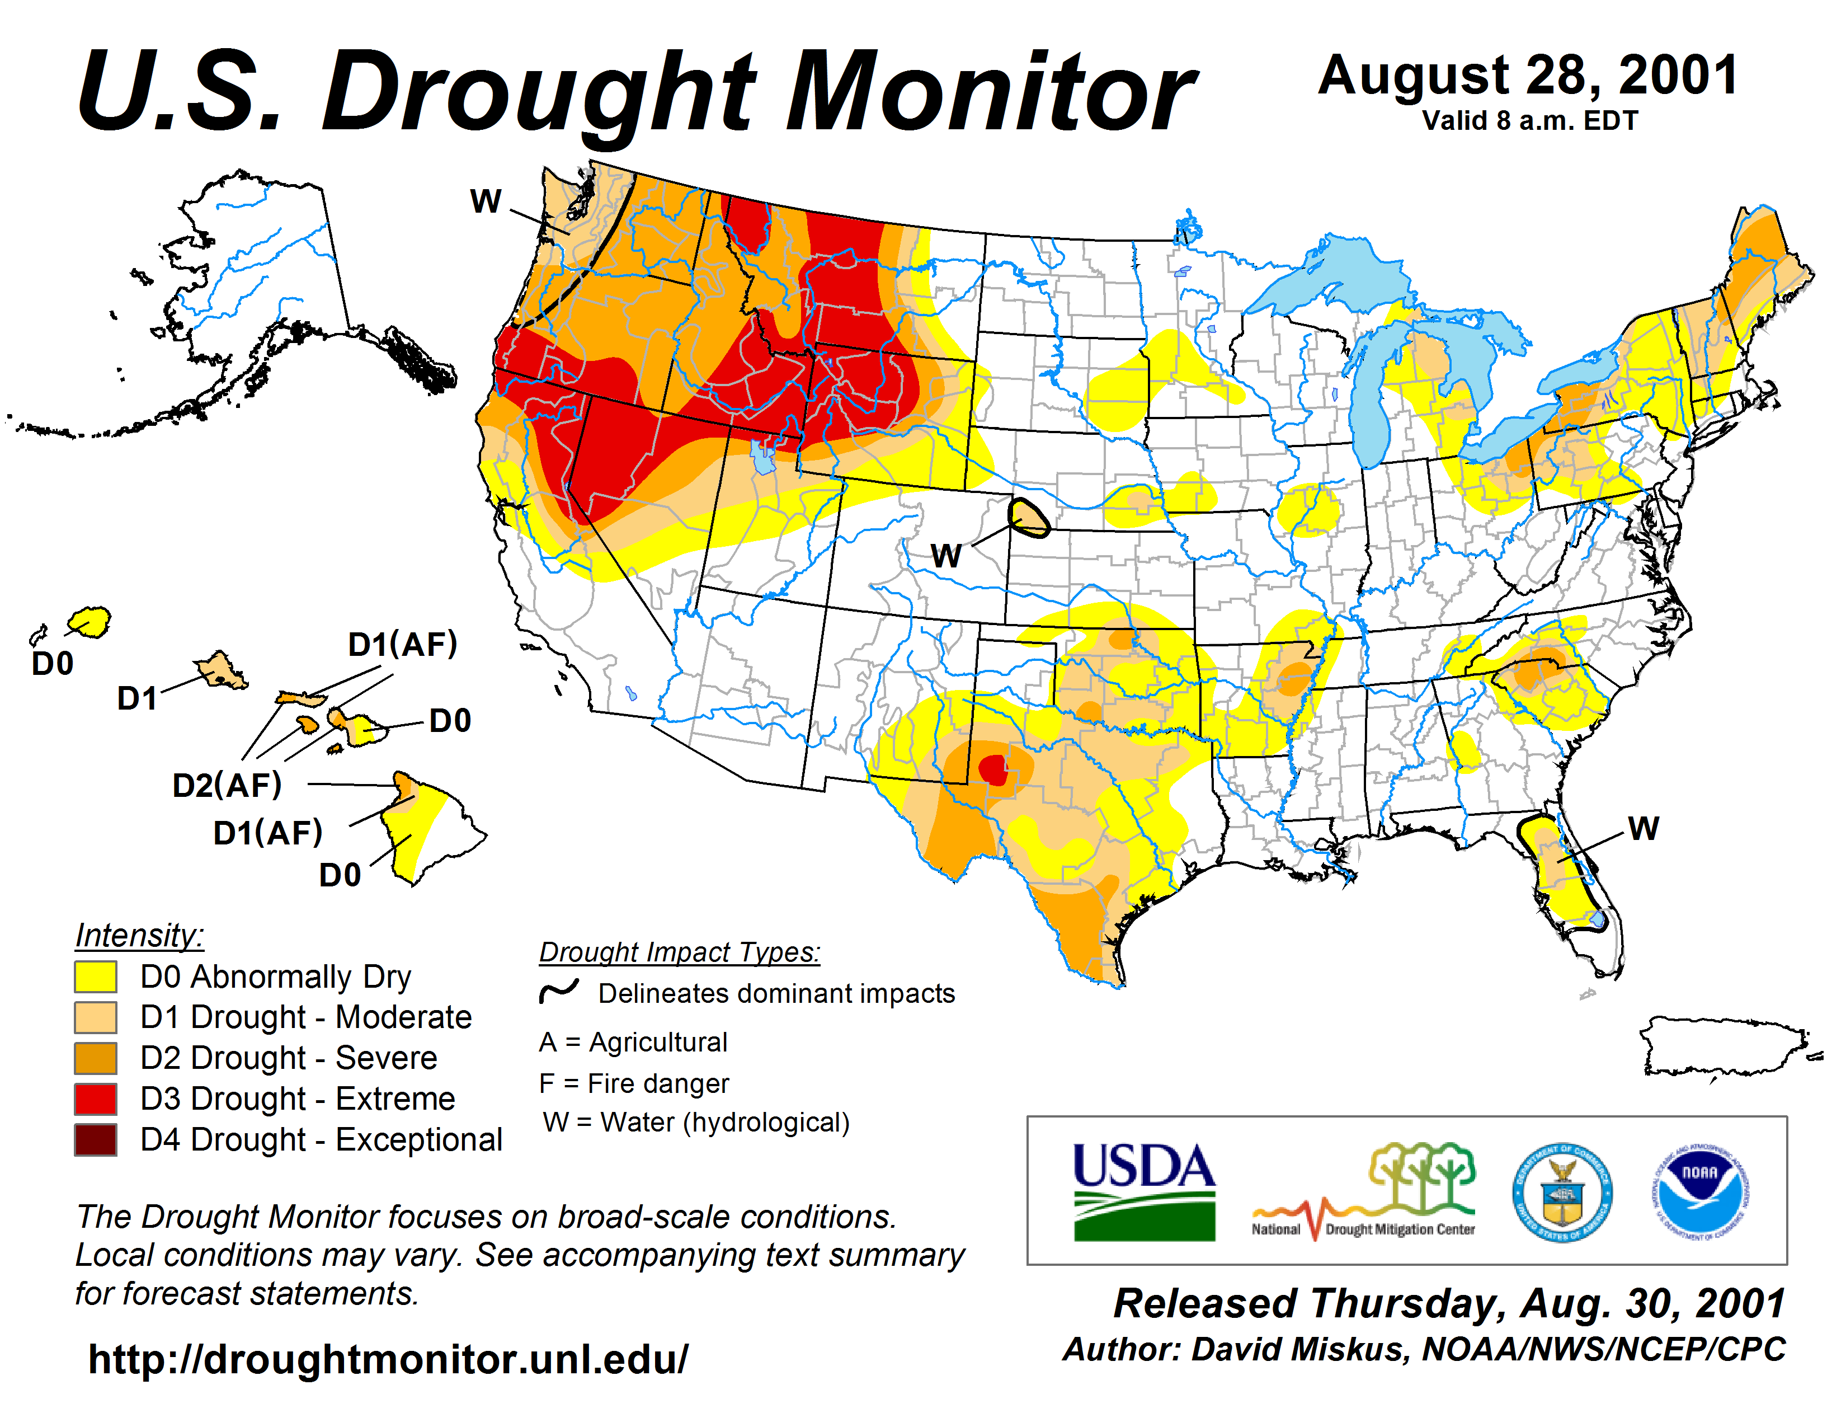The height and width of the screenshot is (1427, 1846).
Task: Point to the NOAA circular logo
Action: click(x=1700, y=1191)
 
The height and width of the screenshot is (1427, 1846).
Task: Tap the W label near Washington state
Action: click(x=486, y=201)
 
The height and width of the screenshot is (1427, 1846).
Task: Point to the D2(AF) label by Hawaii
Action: click(x=227, y=785)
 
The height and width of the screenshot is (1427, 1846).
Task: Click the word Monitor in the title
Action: click(x=990, y=92)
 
